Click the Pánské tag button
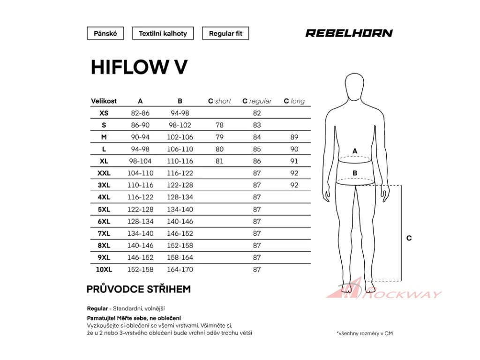105,33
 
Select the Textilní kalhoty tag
163,33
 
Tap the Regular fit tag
225,33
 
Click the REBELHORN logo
349,33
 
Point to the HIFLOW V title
139,67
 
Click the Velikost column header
104,101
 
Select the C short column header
219,101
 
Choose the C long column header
294,101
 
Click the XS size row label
104,113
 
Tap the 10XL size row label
104,269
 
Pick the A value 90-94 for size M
140,137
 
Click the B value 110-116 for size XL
180,161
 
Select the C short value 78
219,125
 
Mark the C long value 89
294,137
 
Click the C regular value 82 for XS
257,113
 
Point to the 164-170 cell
180,269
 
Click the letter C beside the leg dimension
409,238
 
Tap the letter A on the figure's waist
355,150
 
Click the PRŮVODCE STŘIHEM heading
139,289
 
